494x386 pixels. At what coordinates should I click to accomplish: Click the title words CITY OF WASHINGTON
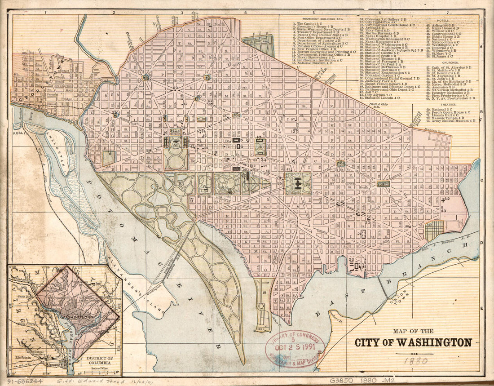413,342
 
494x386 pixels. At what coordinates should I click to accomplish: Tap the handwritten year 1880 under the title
415,360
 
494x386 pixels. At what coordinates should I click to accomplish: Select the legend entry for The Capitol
309,23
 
